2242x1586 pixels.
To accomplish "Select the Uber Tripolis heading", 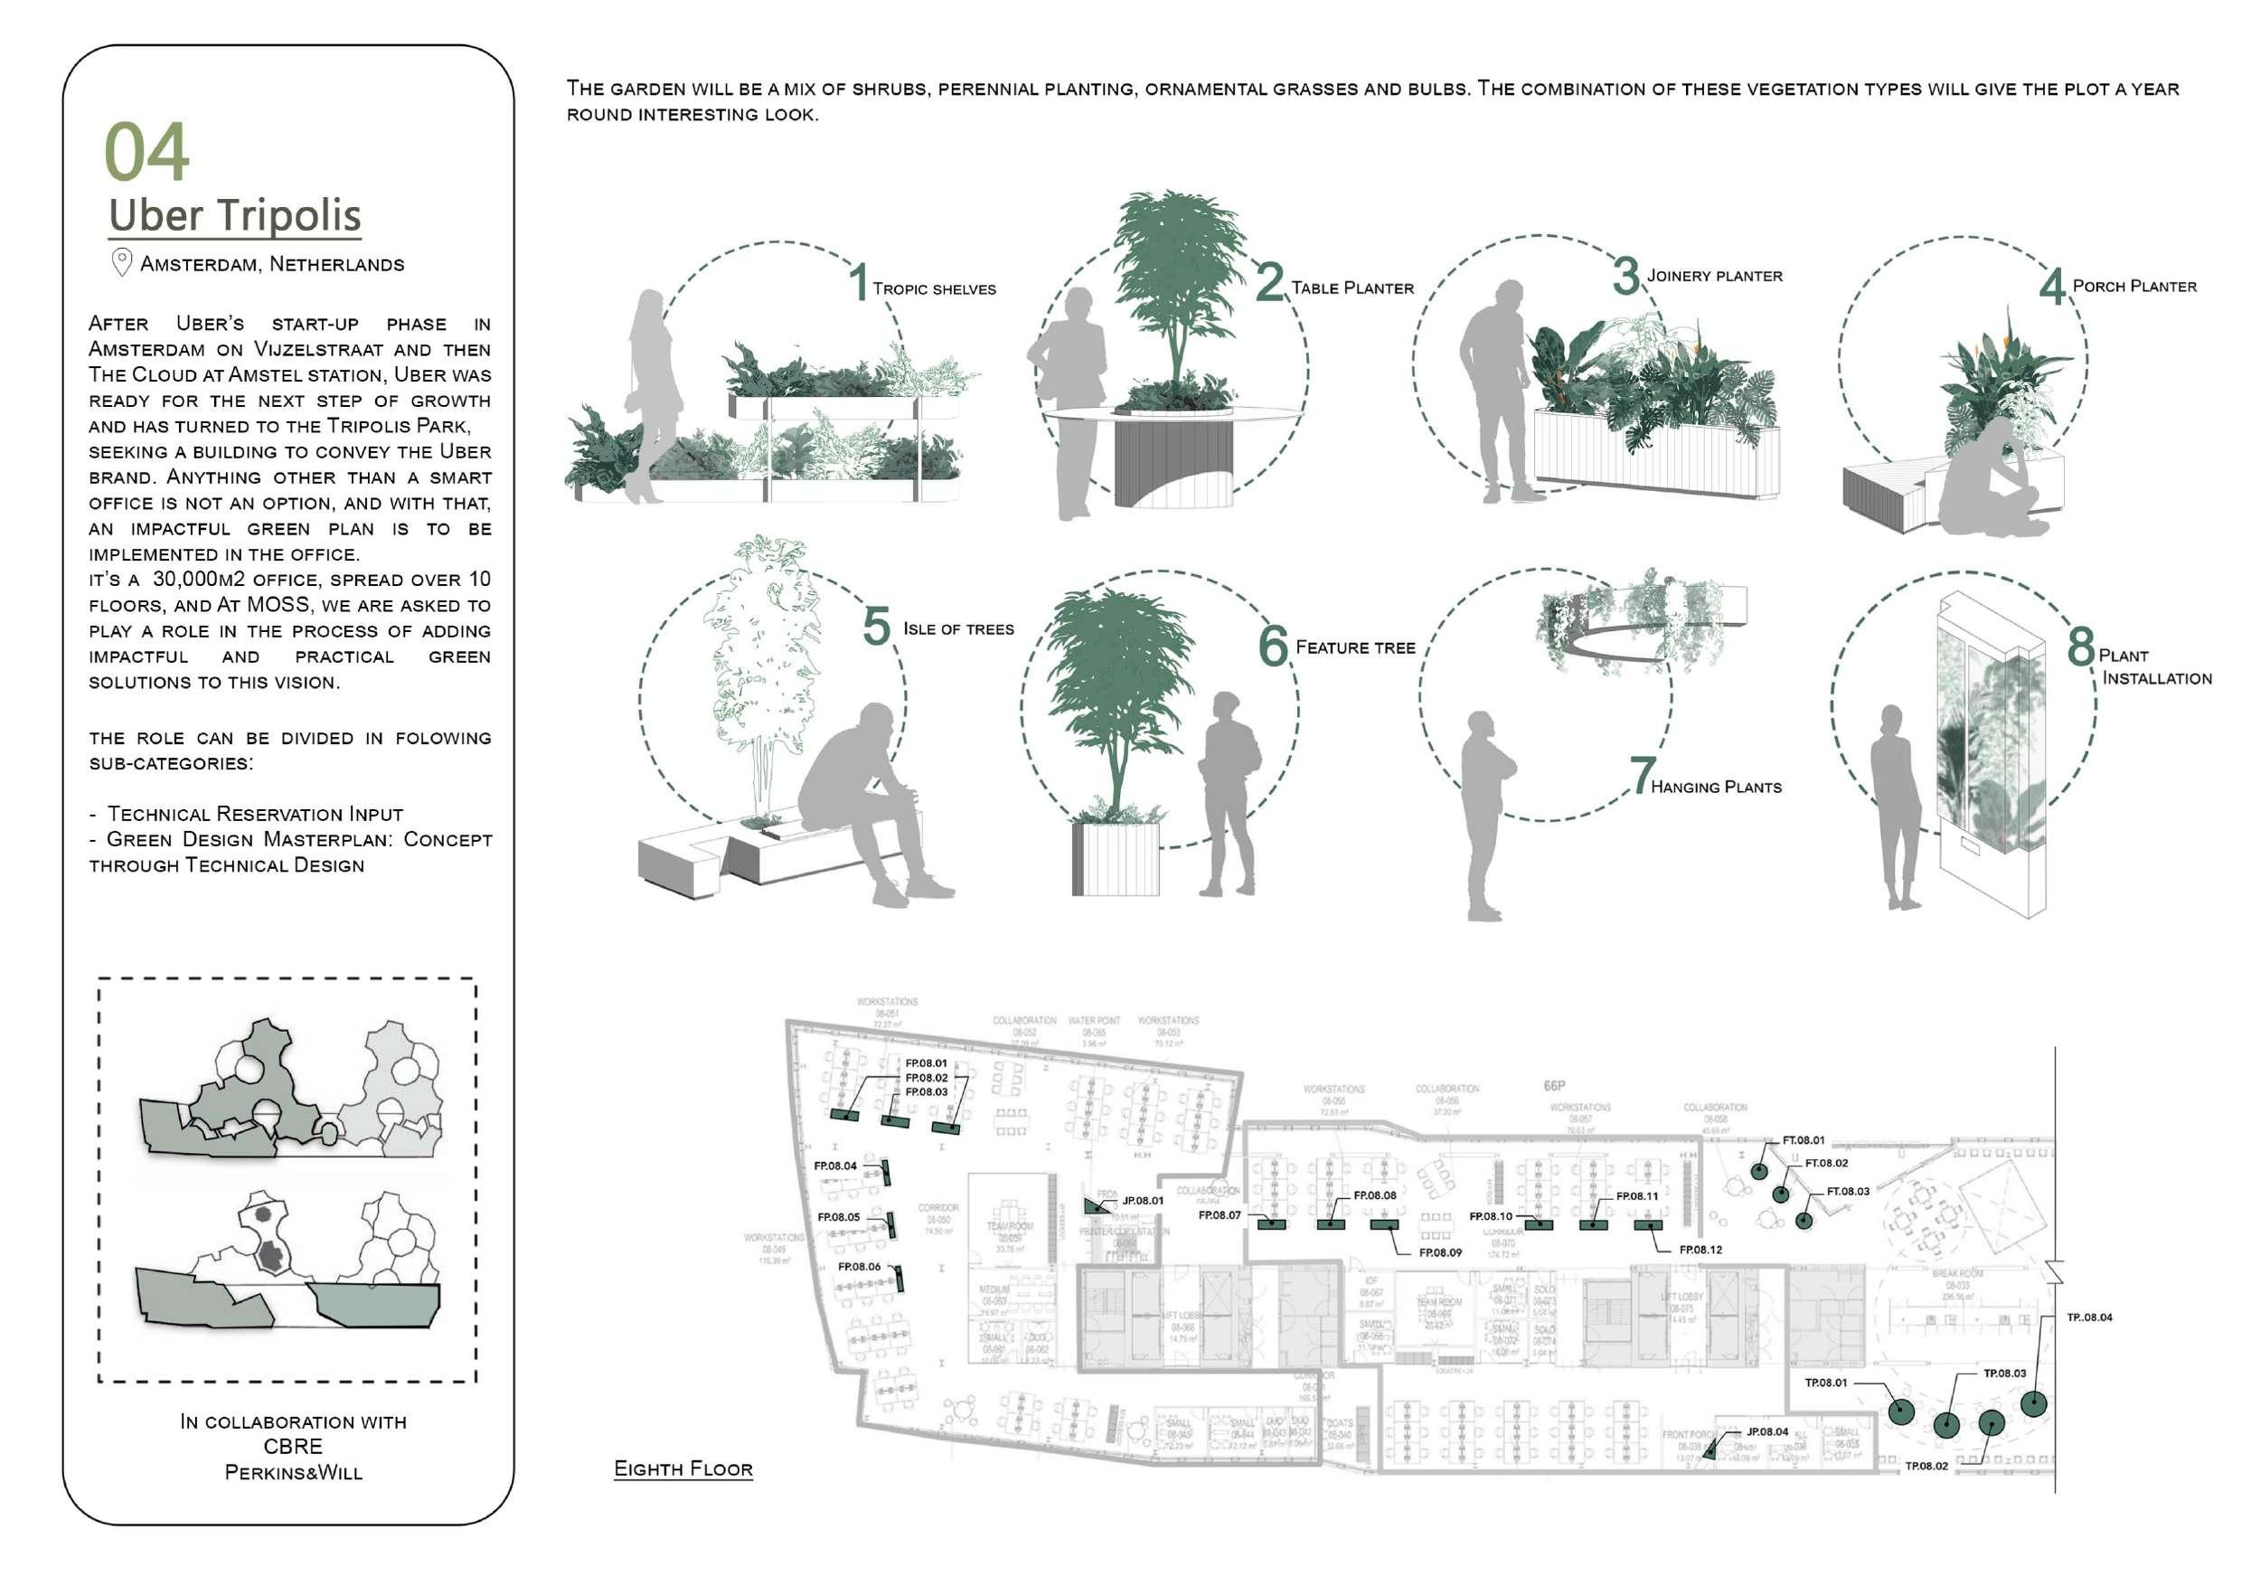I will [x=234, y=216].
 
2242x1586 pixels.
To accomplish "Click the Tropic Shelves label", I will [x=934, y=289].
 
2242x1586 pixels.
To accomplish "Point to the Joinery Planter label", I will [x=1714, y=277].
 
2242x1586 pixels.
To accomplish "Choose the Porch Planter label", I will [x=2134, y=286].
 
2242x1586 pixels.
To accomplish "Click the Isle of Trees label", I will [x=958, y=629].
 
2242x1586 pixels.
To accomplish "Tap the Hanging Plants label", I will [x=1716, y=788].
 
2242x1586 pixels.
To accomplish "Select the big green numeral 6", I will [x=1274, y=646].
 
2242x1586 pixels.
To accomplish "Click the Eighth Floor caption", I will [x=683, y=1468].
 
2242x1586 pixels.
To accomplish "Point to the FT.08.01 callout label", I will [x=1803, y=1139].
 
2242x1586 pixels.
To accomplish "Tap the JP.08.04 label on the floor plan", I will [x=1767, y=1431].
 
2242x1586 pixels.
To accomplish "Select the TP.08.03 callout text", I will [x=2003, y=1374].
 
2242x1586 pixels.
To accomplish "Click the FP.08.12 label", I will [x=1700, y=1250].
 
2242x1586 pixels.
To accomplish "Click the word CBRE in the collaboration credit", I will [x=293, y=1447].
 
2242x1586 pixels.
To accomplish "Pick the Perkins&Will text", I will [x=293, y=1473].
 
